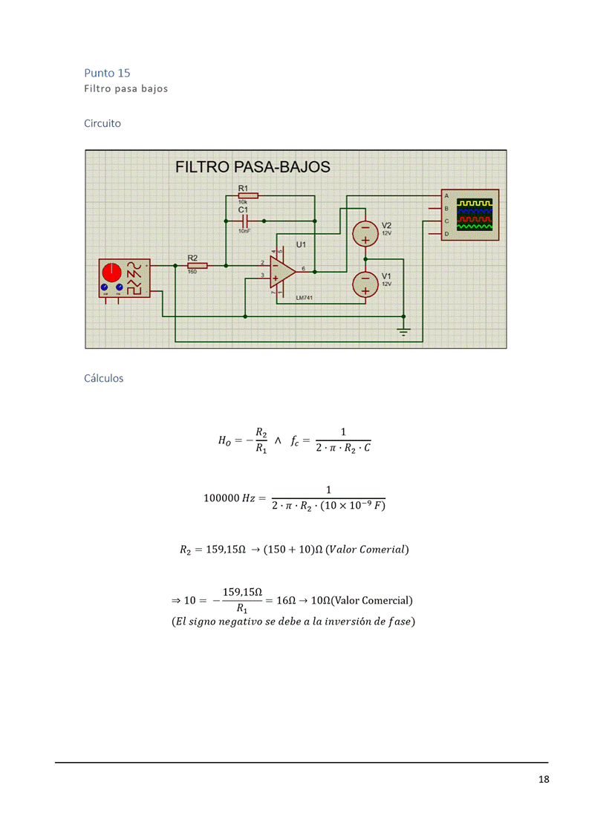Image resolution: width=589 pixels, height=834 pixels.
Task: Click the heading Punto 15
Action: tap(107, 73)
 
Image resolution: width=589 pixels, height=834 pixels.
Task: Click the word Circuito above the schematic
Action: tap(102, 123)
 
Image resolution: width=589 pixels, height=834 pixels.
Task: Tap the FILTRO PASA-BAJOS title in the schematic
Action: tap(253, 166)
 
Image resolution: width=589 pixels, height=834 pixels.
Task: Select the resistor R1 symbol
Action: tap(247, 195)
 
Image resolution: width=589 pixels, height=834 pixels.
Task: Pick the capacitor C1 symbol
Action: tap(244, 221)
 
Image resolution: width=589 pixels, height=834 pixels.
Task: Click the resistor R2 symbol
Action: tap(197, 264)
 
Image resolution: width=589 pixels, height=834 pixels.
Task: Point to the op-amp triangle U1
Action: tap(282, 270)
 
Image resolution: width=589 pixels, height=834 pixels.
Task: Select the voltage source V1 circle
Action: tap(365, 282)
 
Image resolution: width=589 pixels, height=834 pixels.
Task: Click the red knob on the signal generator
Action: tap(113, 271)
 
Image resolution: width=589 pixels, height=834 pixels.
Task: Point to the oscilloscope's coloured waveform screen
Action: tap(475, 214)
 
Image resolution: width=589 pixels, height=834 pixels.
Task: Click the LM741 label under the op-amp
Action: tap(305, 298)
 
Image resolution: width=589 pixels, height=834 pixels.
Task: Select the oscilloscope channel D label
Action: tap(446, 234)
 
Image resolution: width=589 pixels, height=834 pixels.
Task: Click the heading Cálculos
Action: tap(104, 378)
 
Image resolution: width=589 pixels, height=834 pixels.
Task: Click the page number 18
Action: tap(544, 779)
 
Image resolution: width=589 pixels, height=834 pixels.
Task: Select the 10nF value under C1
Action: tap(244, 231)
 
